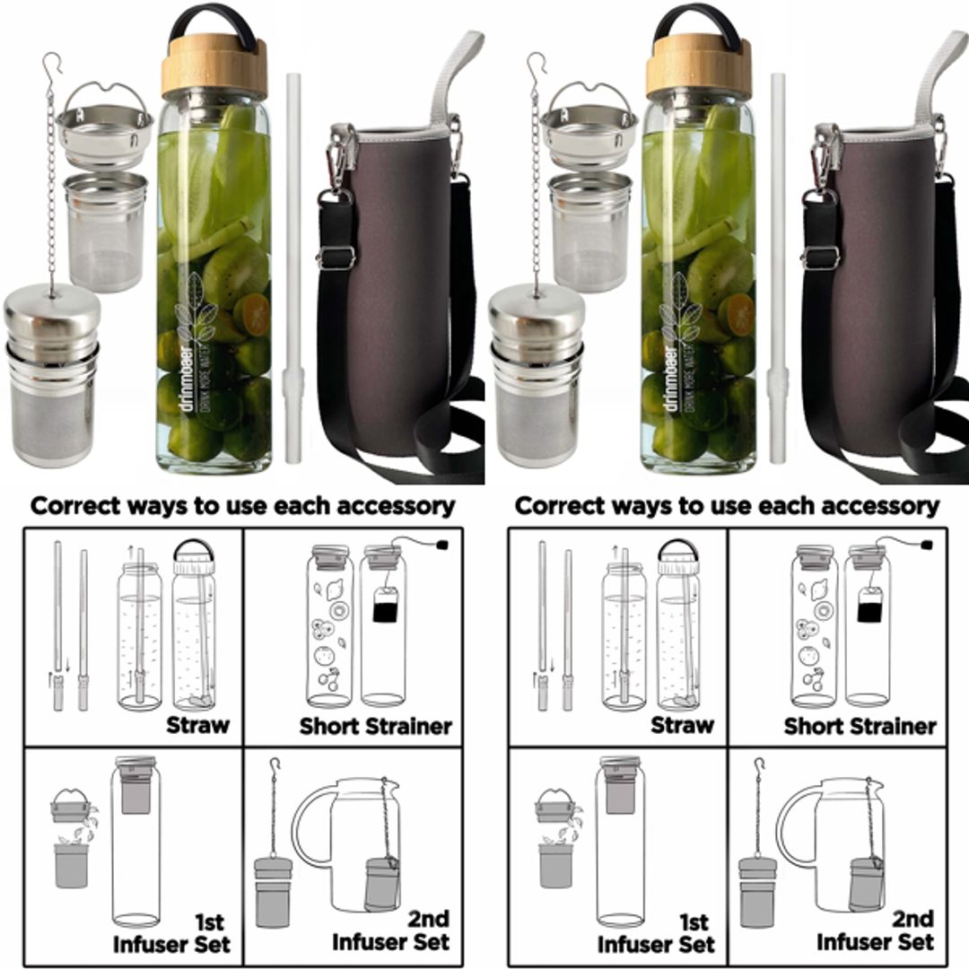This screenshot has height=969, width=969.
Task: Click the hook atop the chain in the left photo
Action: click(52, 65)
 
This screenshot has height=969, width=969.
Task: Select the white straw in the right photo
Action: click(777, 269)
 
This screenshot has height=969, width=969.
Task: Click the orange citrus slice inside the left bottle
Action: click(256, 315)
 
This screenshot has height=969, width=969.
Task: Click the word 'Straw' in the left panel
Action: click(197, 725)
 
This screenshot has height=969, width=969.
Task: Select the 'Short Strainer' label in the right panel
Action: click(860, 726)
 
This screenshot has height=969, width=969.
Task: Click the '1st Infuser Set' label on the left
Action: click(171, 933)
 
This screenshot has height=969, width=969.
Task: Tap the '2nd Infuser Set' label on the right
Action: click(875, 930)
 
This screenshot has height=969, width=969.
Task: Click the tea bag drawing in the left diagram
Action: click(385, 607)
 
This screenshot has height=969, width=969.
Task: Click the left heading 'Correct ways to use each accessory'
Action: click(242, 505)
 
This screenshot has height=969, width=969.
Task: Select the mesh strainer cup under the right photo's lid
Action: click(589, 231)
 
